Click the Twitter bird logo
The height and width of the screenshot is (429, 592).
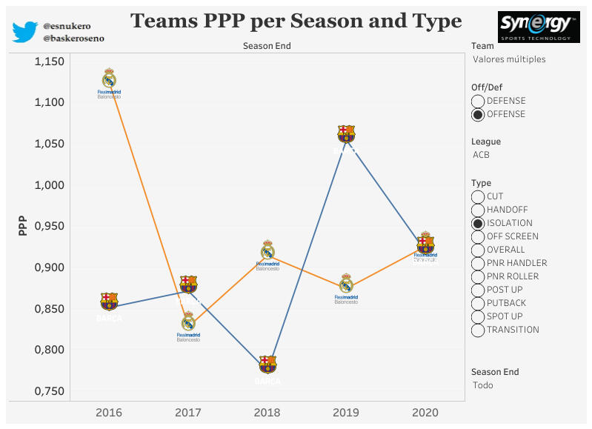[24, 31]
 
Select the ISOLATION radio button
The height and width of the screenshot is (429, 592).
[478, 223]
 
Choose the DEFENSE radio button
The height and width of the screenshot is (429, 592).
[478, 101]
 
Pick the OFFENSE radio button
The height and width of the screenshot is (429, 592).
[478, 114]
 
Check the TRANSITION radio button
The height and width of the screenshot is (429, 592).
[478, 330]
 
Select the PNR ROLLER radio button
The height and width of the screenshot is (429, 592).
[478, 276]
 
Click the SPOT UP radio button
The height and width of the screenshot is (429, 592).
[478, 316]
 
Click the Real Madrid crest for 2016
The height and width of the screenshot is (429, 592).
[109, 79]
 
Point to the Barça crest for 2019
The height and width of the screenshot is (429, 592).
[346, 133]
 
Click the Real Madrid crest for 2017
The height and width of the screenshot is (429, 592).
[188, 322]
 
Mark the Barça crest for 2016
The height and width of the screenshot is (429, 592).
[109, 301]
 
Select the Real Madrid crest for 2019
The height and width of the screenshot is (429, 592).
[346, 284]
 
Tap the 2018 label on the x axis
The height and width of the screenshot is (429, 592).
[267, 413]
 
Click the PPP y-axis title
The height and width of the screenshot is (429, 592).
[22, 226]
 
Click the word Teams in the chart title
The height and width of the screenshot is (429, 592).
[164, 21]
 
